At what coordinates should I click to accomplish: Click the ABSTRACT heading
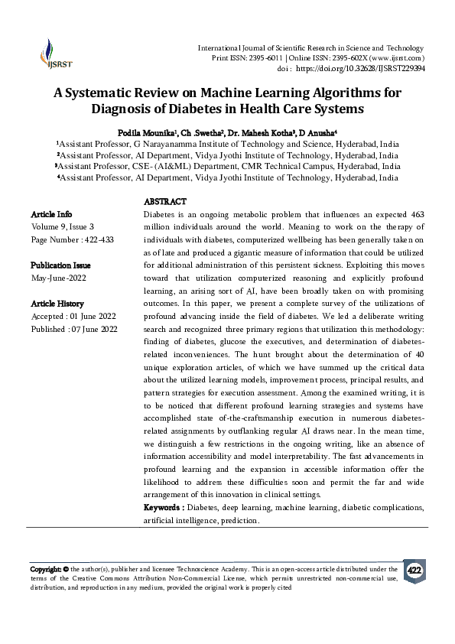(x=164, y=201)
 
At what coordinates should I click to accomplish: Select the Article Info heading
(x=51, y=215)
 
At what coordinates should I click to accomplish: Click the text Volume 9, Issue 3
(x=63, y=227)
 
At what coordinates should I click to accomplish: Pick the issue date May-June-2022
(x=59, y=278)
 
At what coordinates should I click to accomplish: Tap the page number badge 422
(x=414, y=571)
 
